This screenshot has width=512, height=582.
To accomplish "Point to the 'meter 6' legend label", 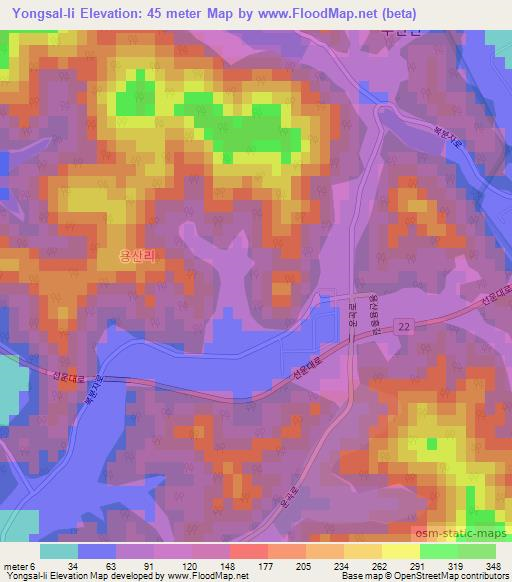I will coord(20,565).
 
